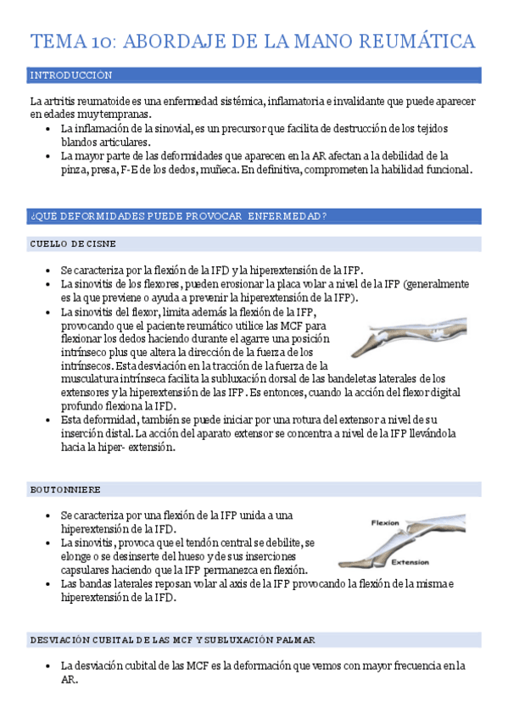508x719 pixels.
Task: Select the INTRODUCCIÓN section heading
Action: click(70, 75)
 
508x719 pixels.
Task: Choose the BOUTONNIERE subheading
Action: click(65, 489)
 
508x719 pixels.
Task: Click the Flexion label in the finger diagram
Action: click(387, 523)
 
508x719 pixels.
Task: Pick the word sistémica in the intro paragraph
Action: click(242, 102)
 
